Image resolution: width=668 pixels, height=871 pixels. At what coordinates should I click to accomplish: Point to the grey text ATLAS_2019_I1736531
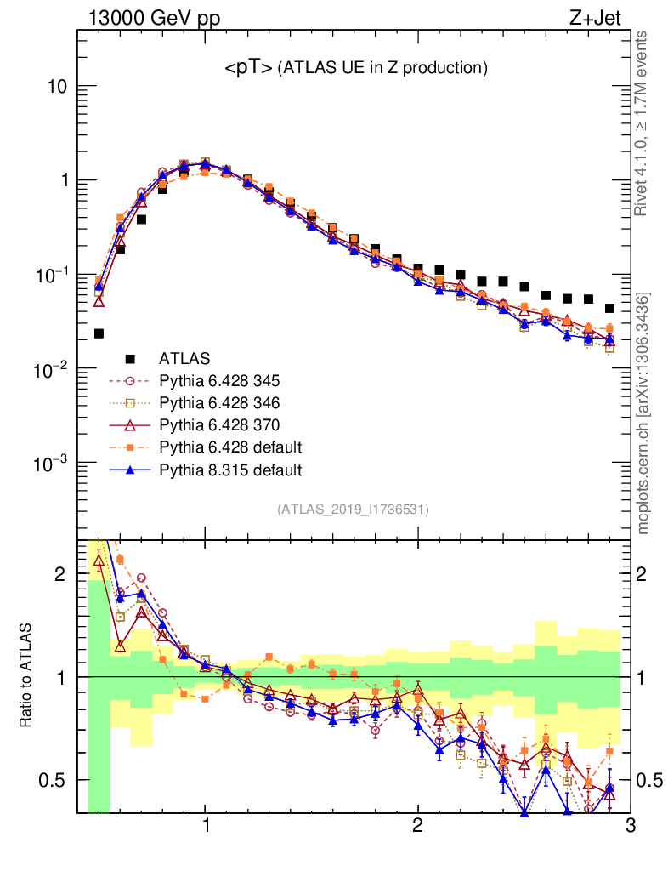click(353, 510)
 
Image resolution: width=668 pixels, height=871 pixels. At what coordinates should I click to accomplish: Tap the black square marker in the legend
click(130, 358)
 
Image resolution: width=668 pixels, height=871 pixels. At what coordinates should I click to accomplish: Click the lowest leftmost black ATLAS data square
click(99, 333)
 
